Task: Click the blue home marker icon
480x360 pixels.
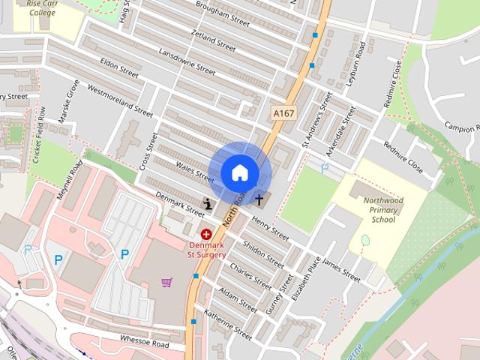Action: coord(239,172)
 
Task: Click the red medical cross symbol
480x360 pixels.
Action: coord(205,235)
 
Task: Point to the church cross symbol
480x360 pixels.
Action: coord(259,199)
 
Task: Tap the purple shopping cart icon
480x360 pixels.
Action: coord(166,282)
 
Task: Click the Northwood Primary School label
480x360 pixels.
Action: coord(383,211)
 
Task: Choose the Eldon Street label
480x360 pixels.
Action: coord(119,70)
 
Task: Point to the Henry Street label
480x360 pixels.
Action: coord(271,228)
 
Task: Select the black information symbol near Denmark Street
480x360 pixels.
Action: coord(207,202)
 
